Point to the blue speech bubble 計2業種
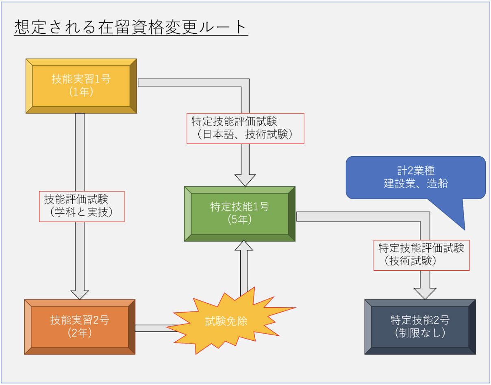pos(415,177)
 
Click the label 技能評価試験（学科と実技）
pos(81,206)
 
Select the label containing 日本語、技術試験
pos(245,128)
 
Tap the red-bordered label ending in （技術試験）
pos(421,255)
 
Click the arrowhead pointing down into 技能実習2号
pos(80,294)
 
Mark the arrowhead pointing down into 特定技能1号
pos(245,179)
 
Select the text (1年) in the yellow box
pos(81,92)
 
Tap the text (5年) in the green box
pos(239,220)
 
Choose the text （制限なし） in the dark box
pos(420,333)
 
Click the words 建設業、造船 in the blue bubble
pos(415,184)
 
